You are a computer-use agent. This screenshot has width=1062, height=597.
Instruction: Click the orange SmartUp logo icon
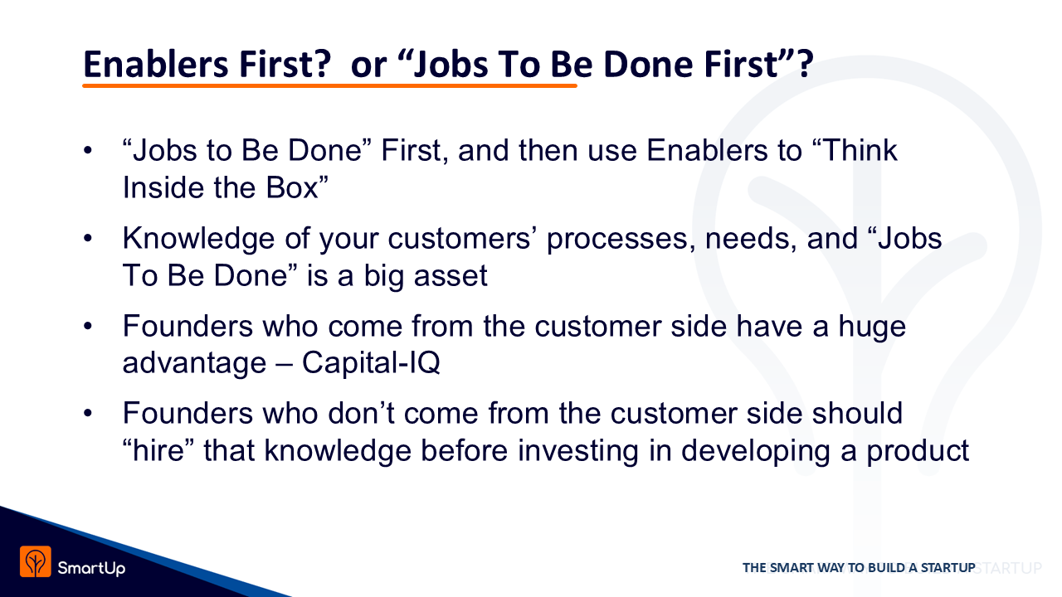point(36,561)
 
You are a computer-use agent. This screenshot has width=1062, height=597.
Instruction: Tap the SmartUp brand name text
point(91,568)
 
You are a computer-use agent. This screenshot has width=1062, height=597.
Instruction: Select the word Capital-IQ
point(371,363)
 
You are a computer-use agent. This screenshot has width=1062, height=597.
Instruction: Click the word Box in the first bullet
point(291,187)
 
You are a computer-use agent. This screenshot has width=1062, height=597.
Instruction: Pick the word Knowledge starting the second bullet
point(198,239)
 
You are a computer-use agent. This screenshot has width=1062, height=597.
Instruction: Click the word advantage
point(194,364)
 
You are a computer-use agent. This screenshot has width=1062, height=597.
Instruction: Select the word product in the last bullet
point(918,452)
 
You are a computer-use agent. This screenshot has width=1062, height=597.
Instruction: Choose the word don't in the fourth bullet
point(361,413)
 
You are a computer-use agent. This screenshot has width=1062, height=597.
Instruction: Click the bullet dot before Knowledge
point(88,238)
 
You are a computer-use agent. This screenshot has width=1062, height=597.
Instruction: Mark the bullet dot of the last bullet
point(88,414)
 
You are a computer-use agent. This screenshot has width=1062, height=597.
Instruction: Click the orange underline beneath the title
point(330,85)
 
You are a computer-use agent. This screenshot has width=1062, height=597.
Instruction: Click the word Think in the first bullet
point(860,151)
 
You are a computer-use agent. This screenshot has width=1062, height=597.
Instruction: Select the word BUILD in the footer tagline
point(886,568)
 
